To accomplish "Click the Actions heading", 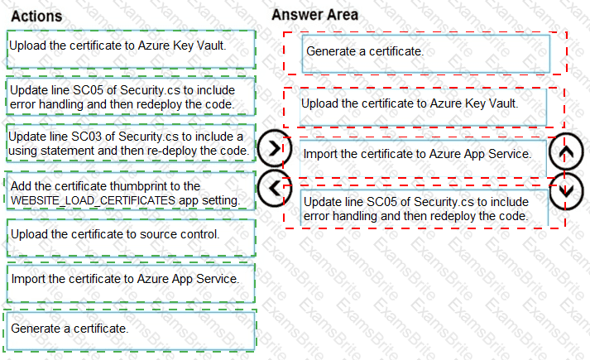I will pyautogui.click(x=37, y=17).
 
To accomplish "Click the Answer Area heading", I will pyautogui.click(x=314, y=15).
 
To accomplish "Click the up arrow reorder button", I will pyautogui.click(x=566, y=151).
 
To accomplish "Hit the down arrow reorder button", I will pyautogui.click(x=566, y=188).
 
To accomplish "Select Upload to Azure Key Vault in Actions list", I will pyautogui.click(x=131, y=46).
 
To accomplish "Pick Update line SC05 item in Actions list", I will pyautogui.click(x=131, y=97).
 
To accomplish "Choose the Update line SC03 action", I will pyautogui.click(x=131, y=143).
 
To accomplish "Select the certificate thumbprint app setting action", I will pyautogui.click(x=131, y=194).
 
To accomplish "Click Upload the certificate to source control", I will pyautogui.click(x=131, y=234).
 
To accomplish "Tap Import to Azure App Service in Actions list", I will pyautogui.click(x=131, y=278).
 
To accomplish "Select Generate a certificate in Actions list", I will pyautogui.click(x=131, y=329).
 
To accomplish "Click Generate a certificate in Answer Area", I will pyautogui.click(x=425, y=51).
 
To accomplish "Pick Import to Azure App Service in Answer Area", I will pyautogui.click(x=415, y=154).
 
